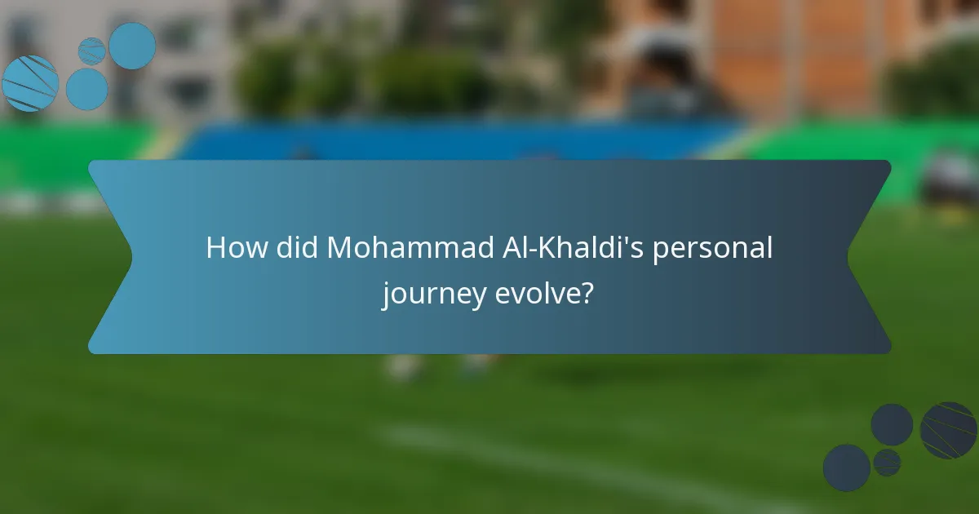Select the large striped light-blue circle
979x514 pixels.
click(x=30, y=83)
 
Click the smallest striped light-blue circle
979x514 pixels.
click(x=91, y=51)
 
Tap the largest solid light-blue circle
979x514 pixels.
click(x=132, y=46)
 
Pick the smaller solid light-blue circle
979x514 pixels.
click(x=86, y=89)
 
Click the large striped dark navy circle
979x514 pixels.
click(x=949, y=430)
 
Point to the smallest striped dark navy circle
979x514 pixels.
click(x=887, y=463)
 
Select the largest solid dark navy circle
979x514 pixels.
click(x=846, y=467)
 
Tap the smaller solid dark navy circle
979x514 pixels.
click(x=892, y=424)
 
